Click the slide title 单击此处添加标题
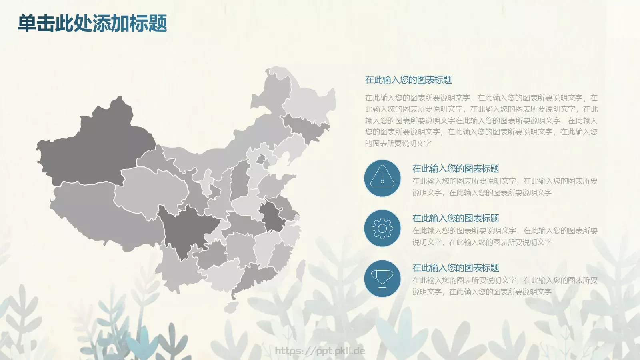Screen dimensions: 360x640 point(92,23)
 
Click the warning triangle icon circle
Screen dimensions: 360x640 point(382,178)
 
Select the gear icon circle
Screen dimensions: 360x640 point(382,228)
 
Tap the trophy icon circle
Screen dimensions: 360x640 point(382,279)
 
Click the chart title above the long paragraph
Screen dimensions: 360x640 point(408,80)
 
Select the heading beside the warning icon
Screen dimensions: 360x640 point(456,169)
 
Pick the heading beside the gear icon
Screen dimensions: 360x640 point(456,218)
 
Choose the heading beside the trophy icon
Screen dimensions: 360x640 point(456,268)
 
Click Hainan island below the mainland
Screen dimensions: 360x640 point(231,307)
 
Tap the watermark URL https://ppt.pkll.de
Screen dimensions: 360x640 point(320,351)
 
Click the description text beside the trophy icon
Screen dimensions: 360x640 point(505,286)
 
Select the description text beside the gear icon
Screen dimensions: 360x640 point(505,236)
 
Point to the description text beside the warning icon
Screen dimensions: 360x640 point(505,187)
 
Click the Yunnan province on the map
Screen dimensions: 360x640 point(176,268)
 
